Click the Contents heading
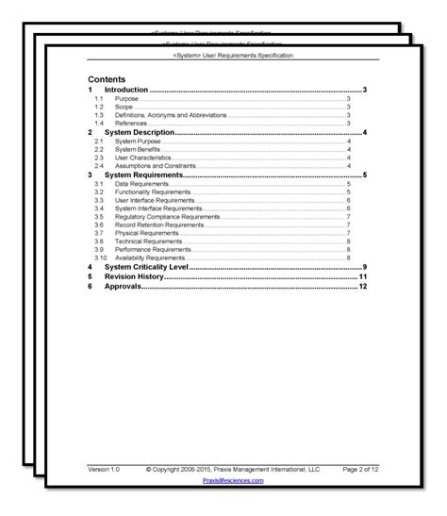(108, 80)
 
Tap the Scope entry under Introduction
(124, 107)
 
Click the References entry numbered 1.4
(130, 123)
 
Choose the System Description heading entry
(139, 133)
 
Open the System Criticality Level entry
(146, 268)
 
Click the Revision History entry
(134, 277)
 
